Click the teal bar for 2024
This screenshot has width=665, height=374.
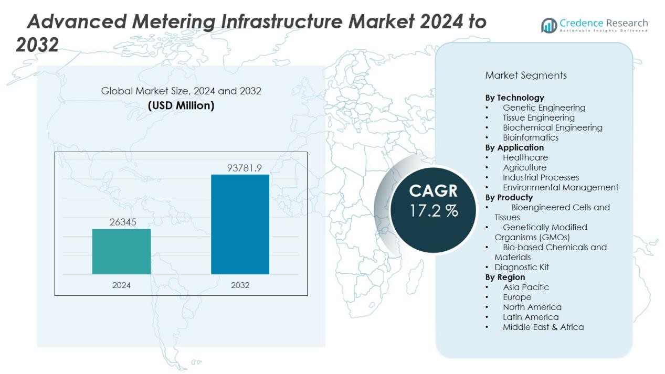click(121, 251)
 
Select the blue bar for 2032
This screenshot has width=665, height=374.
click(240, 224)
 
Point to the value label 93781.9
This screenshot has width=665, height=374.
click(244, 168)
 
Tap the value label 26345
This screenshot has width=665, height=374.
click(123, 222)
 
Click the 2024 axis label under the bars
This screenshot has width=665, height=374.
click(121, 285)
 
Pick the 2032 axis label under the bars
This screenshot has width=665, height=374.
click(240, 285)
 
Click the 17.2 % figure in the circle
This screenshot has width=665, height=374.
click(434, 211)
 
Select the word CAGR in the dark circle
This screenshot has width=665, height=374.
click(433, 191)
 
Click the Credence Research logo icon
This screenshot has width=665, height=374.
click(549, 25)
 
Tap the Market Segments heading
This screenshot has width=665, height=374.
click(526, 76)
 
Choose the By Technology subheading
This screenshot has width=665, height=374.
click(514, 98)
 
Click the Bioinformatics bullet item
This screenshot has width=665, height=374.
click(530, 137)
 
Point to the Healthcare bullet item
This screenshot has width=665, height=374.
click(525, 157)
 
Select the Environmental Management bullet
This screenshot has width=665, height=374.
click(560, 187)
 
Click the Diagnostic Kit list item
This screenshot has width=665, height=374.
click(521, 267)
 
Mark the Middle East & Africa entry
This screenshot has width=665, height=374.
click(543, 327)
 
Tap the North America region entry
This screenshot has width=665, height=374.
click(532, 307)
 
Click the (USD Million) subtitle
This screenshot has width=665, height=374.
click(181, 105)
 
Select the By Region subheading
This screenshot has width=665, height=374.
click(505, 277)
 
